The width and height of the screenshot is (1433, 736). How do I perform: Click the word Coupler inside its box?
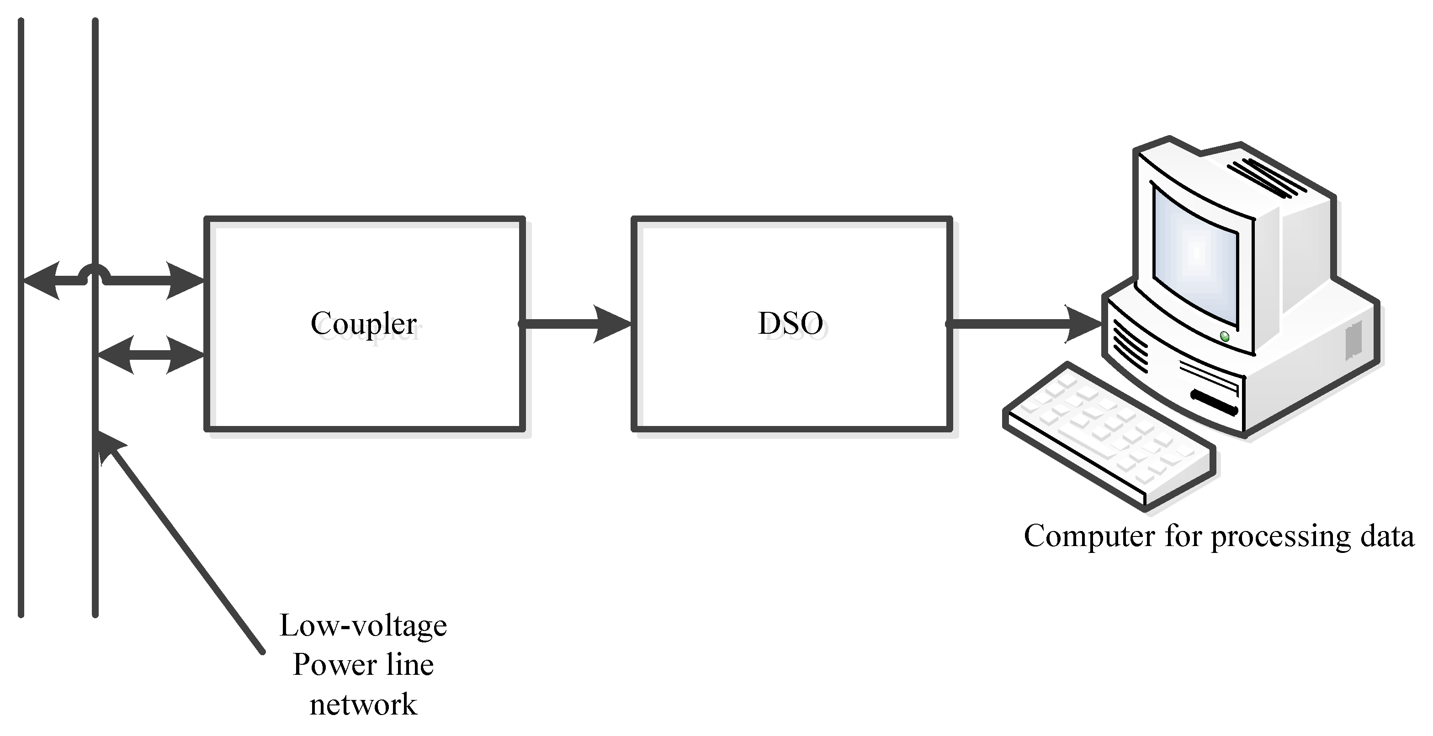click(364, 324)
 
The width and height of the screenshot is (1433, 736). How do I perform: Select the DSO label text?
click(790, 324)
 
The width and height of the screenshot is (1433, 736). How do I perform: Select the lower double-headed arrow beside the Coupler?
click(150, 355)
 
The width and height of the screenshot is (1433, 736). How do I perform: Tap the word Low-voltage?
click(363, 626)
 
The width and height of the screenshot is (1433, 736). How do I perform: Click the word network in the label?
click(363, 705)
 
